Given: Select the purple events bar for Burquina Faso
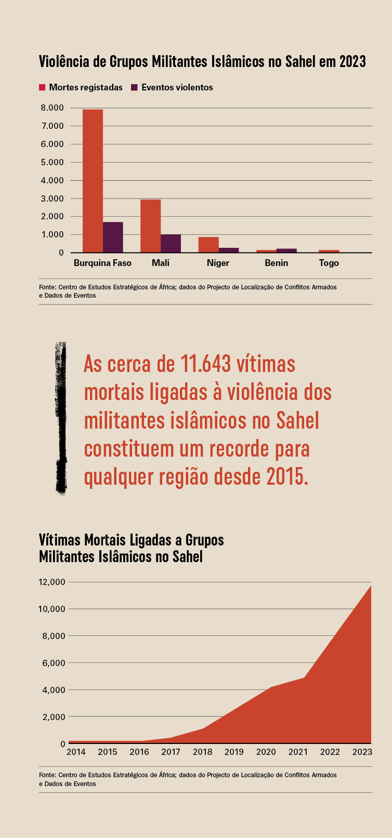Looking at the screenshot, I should pyautogui.click(x=113, y=237).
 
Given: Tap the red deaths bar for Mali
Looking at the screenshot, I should pyautogui.click(x=150, y=226).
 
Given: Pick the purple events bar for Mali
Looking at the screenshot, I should pyautogui.click(x=171, y=243).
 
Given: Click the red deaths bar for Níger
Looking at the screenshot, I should pyautogui.click(x=208, y=245).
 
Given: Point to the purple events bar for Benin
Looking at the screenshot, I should pyautogui.click(x=286, y=250).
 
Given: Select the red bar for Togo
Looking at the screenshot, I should pyautogui.click(x=329, y=251).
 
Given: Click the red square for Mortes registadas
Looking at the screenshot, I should pyautogui.click(x=42, y=87).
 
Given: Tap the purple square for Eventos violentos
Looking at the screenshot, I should pyautogui.click(x=134, y=87).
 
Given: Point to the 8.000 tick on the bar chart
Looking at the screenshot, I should pyautogui.click(x=52, y=108).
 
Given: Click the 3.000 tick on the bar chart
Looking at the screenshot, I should pyautogui.click(x=52, y=198).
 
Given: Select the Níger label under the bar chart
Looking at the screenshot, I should pyautogui.click(x=218, y=263).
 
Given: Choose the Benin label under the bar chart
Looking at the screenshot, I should pyautogui.click(x=276, y=263).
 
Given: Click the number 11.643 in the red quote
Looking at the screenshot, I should pyautogui.click(x=205, y=364).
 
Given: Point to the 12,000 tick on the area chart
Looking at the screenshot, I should pyautogui.click(x=51, y=582).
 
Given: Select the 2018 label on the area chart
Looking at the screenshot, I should pyautogui.click(x=202, y=752).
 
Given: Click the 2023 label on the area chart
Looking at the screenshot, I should pyautogui.click(x=362, y=752).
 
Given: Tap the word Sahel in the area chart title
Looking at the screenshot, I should pyautogui.click(x=187, y=557).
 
